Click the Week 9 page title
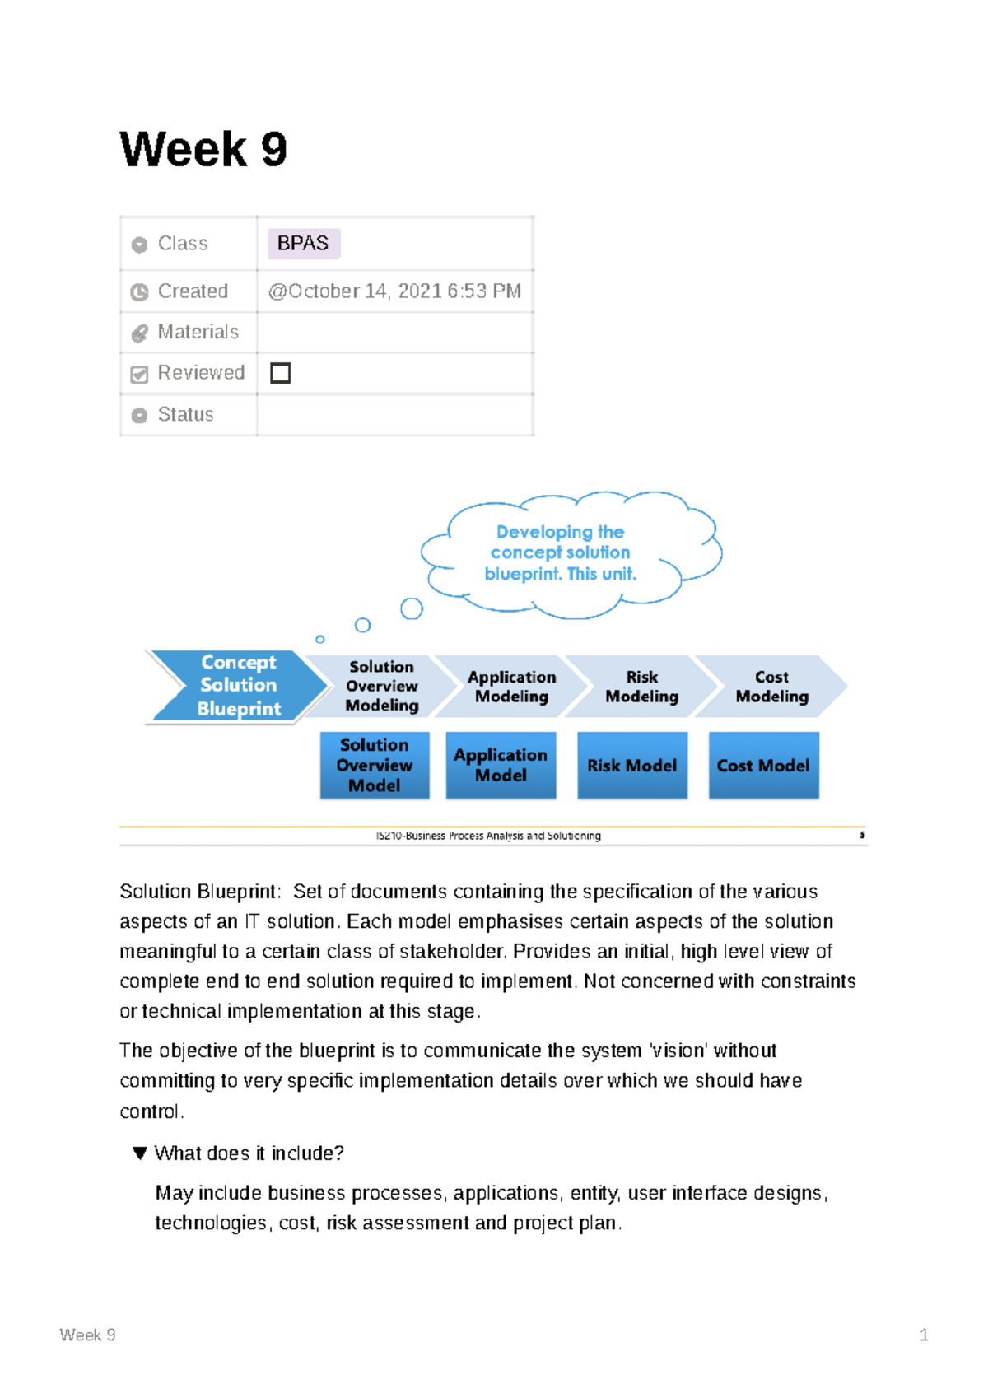point(203,149)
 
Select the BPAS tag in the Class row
point(303,244)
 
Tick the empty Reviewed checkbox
point(281,373)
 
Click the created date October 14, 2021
point(394,291)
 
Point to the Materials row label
point(198,332)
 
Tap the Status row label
point(185,414)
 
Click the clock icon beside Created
point(139,292)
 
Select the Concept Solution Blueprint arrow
point(238,685)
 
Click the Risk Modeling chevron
point(641,686)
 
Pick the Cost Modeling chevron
point(771,686)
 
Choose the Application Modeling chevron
point(511,686)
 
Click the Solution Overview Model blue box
point(375,765)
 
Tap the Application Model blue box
point(501,765)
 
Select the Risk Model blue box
point(631,765)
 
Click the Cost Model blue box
point(763,765)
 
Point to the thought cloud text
point(561,552)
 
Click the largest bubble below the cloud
point(412,608)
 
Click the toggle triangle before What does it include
point(140,1153)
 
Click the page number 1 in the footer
point(924,1335)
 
